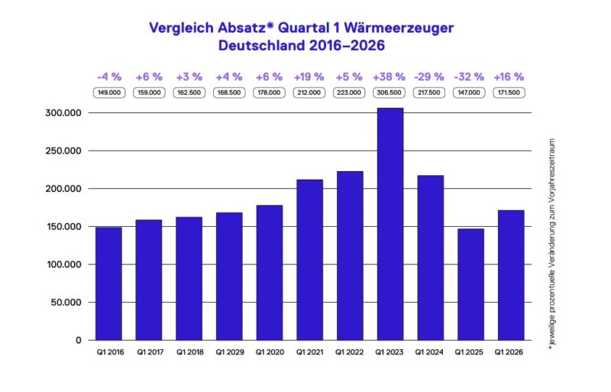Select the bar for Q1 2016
click(108, 283)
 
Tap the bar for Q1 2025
click(470, 284)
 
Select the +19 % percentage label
click(309, 77)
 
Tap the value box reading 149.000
click(108, 93)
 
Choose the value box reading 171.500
click(510, 93)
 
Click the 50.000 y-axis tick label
click(65, 302)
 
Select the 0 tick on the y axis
click(78, 340)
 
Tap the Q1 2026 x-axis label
click(510, 353)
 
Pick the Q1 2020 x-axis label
click(269, 353)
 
